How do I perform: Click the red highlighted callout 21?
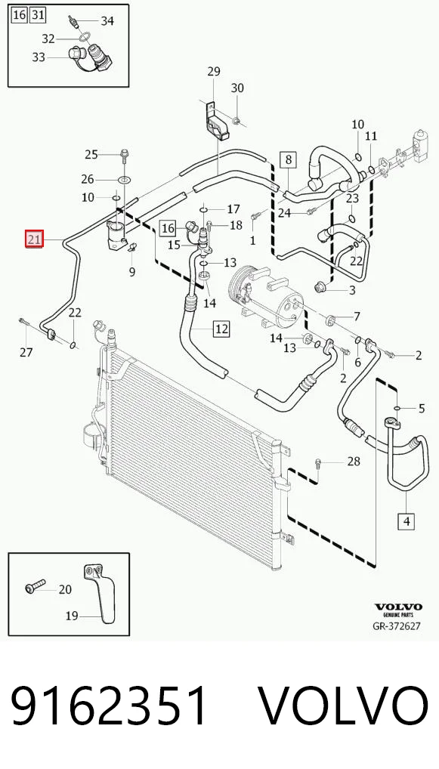[x=35, y=239]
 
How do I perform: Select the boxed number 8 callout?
[x=289, y=159]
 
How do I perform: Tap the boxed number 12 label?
[x=221, y=329]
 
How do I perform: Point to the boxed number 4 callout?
[x=407, y=520]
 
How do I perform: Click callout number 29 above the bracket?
[x=214, y=72]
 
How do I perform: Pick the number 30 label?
[x=237, y=88]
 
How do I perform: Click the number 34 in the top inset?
[x=107, y=21]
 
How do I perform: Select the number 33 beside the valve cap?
[x=39, y=57]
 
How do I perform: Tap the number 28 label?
[x=353, y=462]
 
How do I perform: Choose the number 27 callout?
[x=26, y=352]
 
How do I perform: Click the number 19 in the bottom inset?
[x=72, y=616]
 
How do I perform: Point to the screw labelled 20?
[x=35, y=585]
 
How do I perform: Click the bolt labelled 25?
[x=124, y=155]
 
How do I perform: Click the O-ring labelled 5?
[x=397, y=408]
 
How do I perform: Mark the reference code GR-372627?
[x=397, y=626]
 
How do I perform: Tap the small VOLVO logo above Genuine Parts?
[x=398, y=607]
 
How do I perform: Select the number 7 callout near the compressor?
[x=357, y=317]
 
